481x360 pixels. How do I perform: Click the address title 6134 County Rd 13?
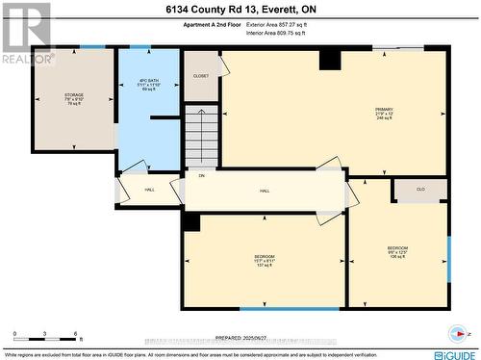click(240, 9)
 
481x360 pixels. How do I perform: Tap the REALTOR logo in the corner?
click(25, 33)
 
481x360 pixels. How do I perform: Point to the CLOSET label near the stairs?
click(201, 75)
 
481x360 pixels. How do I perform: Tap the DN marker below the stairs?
click(201, 176)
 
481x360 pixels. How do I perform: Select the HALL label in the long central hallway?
click(264, 192)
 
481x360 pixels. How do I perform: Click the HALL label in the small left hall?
click(150, 190)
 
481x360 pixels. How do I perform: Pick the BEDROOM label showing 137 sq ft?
click(264, 260)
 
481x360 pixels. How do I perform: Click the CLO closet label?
click(420, 190)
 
